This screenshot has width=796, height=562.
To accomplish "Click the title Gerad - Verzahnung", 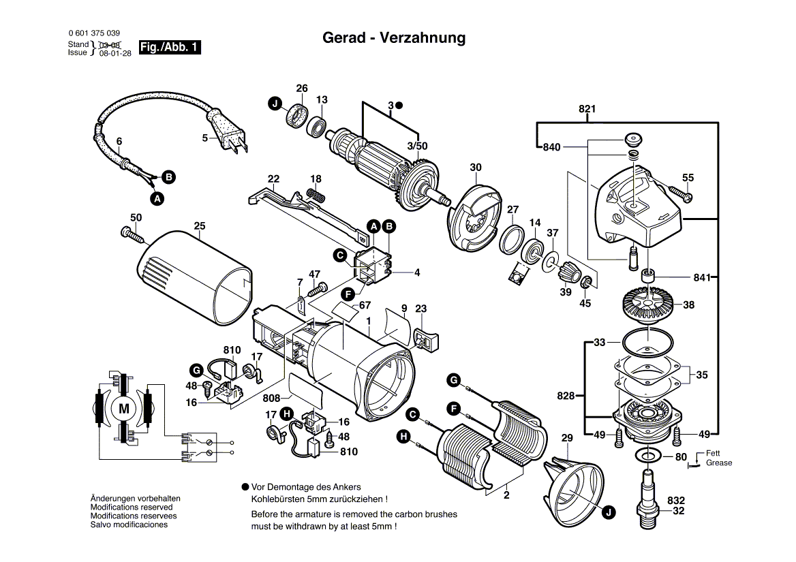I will tap(394, 38).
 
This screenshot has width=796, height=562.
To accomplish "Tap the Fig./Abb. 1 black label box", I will tap(170, 48).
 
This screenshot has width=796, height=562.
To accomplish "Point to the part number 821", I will tap(587, 109).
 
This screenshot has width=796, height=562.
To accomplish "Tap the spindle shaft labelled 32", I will tap(647, 497).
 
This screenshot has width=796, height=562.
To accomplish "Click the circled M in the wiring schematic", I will tap(124, 409).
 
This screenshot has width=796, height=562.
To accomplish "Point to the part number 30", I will tap(476, 168).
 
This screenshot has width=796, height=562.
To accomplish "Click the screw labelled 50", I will tap(134, 234).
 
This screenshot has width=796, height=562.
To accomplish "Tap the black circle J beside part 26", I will tap(275, 104).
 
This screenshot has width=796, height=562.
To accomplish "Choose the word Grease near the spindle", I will tap(719, 463).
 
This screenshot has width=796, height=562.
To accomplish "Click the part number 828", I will tap(565, 395).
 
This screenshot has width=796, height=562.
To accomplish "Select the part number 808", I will tap(271, 397).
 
